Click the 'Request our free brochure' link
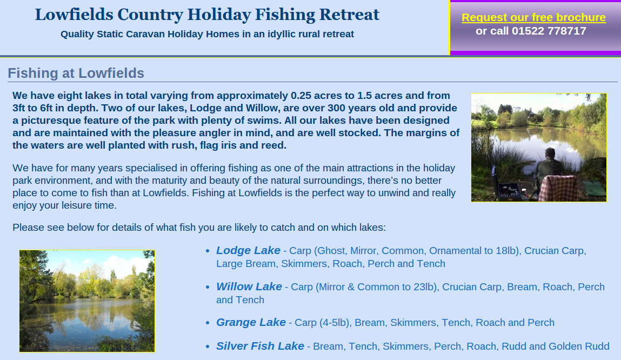533,17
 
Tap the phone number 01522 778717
549,31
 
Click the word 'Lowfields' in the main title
74,14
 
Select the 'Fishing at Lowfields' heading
76,73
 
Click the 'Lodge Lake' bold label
248,250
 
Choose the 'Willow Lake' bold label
249,286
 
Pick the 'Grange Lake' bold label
251,322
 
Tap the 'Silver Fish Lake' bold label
260,346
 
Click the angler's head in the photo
550,153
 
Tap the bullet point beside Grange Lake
208,323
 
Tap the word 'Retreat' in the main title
349,14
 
